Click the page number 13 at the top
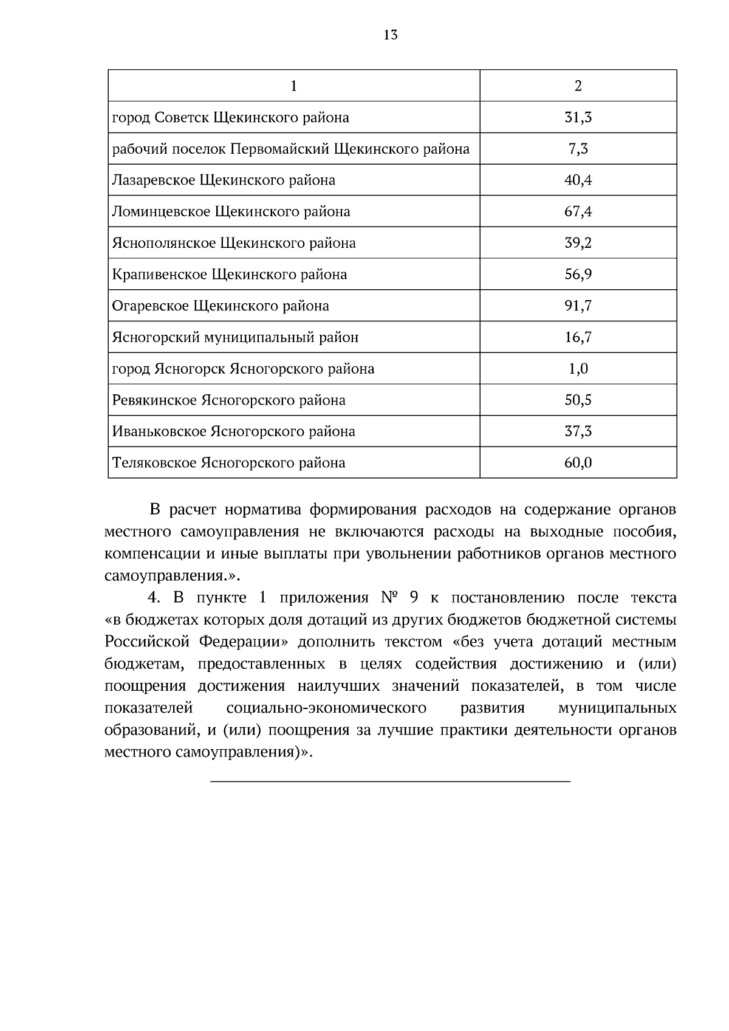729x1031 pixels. [391, 35]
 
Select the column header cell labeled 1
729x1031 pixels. [294, 86]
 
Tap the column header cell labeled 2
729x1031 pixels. [578, 86]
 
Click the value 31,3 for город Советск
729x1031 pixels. [578, 117]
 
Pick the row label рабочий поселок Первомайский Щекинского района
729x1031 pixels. [290, 149]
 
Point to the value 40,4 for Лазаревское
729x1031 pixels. [578, 180]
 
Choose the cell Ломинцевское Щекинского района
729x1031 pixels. [231, 212]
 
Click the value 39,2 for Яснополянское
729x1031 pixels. [578, 243]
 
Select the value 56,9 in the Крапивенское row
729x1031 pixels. [578, 275]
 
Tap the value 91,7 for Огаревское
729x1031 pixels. [578, 306]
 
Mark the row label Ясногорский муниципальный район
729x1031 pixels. [235, 337]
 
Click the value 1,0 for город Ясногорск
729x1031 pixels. [578, 369]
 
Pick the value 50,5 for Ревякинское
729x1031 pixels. [578, 400]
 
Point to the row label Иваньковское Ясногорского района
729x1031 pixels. [233, 432]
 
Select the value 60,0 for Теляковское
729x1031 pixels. [578, 463]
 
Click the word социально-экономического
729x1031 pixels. [326, 708]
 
